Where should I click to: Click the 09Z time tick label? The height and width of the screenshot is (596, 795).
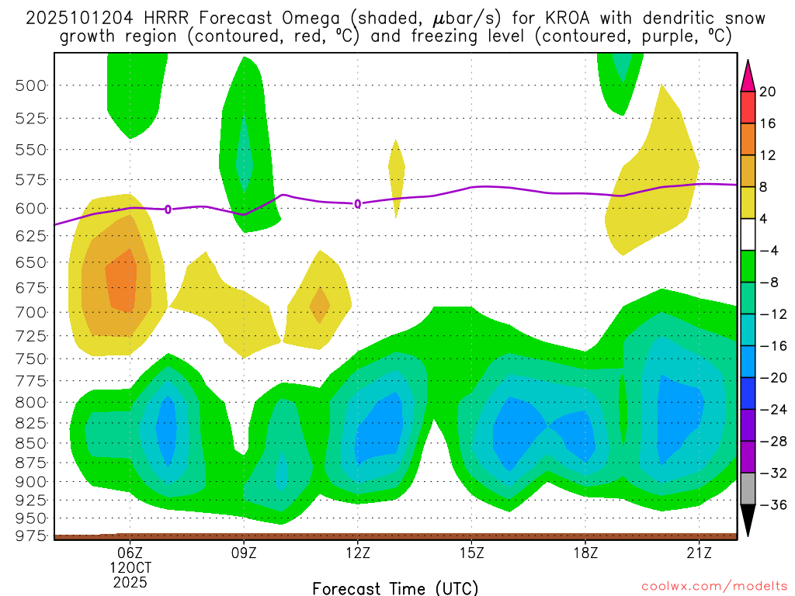click(x=244, y=553)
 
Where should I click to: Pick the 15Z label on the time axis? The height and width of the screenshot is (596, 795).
click(x=471, y=553)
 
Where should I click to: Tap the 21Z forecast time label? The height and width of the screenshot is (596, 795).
click(x=699, y=553)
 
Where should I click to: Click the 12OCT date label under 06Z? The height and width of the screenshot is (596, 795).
click(x=130, y=567)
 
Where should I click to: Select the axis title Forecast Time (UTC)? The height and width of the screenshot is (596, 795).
click(x=395, y=587)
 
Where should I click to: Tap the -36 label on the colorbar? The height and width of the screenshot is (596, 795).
click(x=767, y=505)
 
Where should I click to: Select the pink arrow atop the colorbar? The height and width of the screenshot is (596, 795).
click(x=748, y=75)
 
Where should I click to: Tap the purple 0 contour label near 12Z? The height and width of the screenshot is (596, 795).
click(x=358, y=204)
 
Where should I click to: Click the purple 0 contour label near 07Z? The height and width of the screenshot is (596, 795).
click(x=168, y=209)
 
